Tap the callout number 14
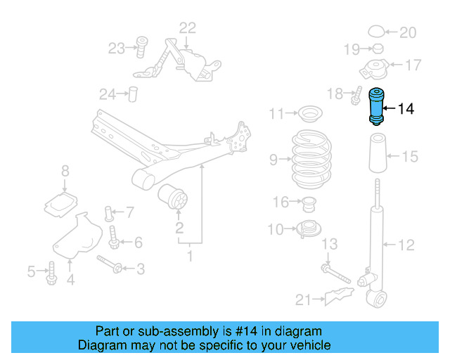click(x=406, y=108)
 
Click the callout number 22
click(x=187, y=28)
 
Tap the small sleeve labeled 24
click(x=131, y=94)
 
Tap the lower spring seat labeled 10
click(x=307, y=229)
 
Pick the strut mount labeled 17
click(x=374, y=70)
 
